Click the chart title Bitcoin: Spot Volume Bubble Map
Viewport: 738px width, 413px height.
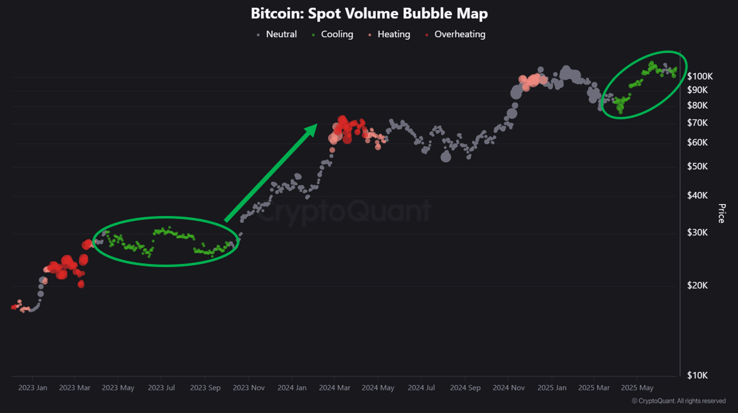(369, 13)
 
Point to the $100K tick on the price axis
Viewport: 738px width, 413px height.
(700, 76)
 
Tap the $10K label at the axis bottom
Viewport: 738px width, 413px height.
(698, 375)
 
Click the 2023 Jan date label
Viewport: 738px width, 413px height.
(32, 388)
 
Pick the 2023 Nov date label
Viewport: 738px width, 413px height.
(248, 388)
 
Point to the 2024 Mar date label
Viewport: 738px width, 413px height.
(336, 388)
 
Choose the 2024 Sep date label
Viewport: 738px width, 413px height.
(465, 388)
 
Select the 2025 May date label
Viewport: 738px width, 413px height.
(637, 388)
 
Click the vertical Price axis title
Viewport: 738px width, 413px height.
(722, 213)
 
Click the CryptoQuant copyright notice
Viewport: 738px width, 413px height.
(679, 401)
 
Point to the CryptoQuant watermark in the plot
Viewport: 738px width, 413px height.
(346, 210)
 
